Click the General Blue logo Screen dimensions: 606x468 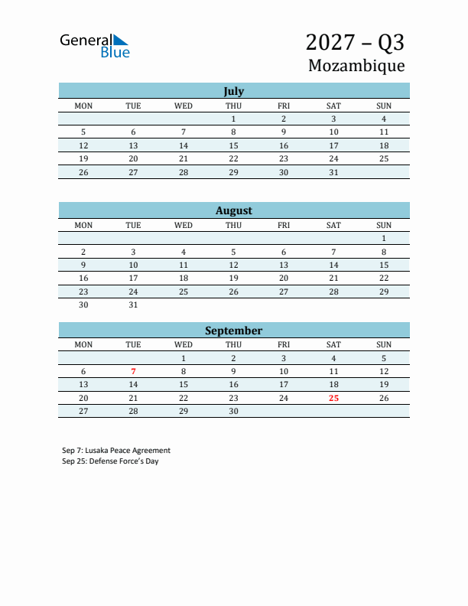[x=95, y=46]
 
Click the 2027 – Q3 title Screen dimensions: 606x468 [x=355, y=41]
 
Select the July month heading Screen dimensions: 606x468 [x=233, y=91]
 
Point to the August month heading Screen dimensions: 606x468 [x=233, y=210]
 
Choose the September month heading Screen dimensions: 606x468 [x=233, y=331]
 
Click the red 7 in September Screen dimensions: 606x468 [x=133, y=371]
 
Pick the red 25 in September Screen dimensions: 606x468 [x=333, y=398]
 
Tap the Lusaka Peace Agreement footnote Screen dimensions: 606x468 [x=116, y=451]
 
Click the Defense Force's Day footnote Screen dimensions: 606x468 [x=110, y=461]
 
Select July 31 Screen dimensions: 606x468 [x=333, y=172]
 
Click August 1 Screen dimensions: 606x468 [x=384, y=239]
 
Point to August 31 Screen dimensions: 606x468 [x=133, y=305]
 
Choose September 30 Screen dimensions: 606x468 [x=233, y=411]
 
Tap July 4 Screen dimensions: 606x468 [x=384, y=119]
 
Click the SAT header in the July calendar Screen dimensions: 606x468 [x=333, y=106]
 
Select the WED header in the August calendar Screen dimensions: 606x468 [x=184, y=225]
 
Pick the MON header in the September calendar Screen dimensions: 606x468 [x=83, y=344]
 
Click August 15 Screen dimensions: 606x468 [x=384, y=265]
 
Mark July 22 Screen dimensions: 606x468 [x=233, y=158]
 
